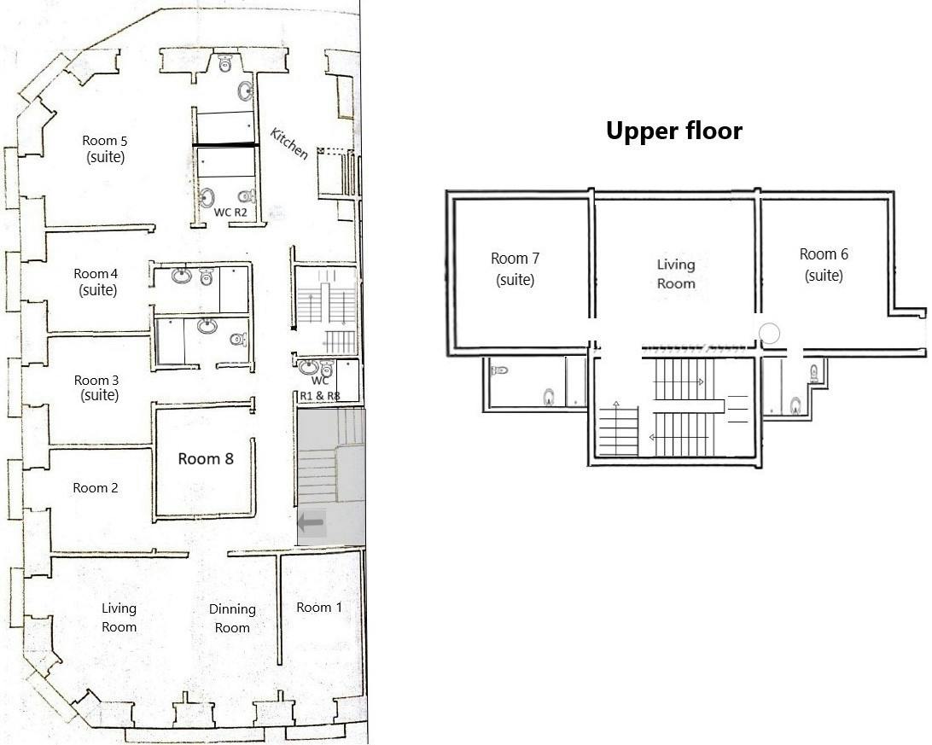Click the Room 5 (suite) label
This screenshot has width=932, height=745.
105,149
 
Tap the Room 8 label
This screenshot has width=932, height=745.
206,458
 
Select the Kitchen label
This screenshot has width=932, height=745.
289,143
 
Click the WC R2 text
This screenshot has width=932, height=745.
230,212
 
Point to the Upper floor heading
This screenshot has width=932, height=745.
674,131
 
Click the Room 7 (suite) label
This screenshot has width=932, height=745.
515,269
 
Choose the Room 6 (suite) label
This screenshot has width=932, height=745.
824,265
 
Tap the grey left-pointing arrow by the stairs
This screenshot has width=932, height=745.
311,523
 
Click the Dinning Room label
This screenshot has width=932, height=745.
232,619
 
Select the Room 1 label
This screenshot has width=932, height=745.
319,607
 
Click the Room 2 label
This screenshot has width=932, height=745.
95,488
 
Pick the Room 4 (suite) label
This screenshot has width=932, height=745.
96,282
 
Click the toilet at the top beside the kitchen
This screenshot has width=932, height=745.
224,61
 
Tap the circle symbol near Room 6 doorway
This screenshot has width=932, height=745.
770,334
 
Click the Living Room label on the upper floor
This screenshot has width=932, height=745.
676,274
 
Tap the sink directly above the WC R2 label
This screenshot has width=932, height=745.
207,198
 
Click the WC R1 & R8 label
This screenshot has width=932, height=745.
320,388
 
